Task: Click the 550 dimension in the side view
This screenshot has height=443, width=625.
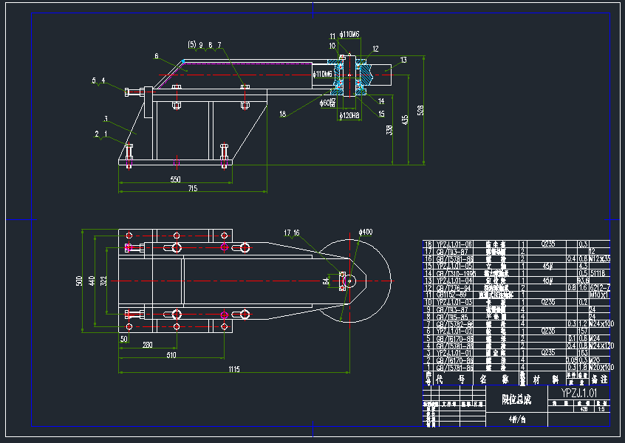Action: (x=175, y=179)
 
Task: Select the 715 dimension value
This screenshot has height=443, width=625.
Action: (x=192, y=190)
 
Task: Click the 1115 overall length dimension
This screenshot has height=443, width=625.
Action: (x=234, y=368)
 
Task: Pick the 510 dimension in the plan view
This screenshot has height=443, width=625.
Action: (x=171, y=355)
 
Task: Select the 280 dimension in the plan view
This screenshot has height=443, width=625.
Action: (x=147, y=345)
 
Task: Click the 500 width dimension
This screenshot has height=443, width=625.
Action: (x=80, y=281)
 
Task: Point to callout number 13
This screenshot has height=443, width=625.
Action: (x=403, y=60)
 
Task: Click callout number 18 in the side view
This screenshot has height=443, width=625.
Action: (x=282, y=114)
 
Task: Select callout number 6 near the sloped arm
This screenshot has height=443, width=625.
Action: (x=157, y=56)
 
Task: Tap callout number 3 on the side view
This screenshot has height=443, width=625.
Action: (x=106, y=118)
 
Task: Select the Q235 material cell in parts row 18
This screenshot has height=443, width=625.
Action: (x=547, y=244)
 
